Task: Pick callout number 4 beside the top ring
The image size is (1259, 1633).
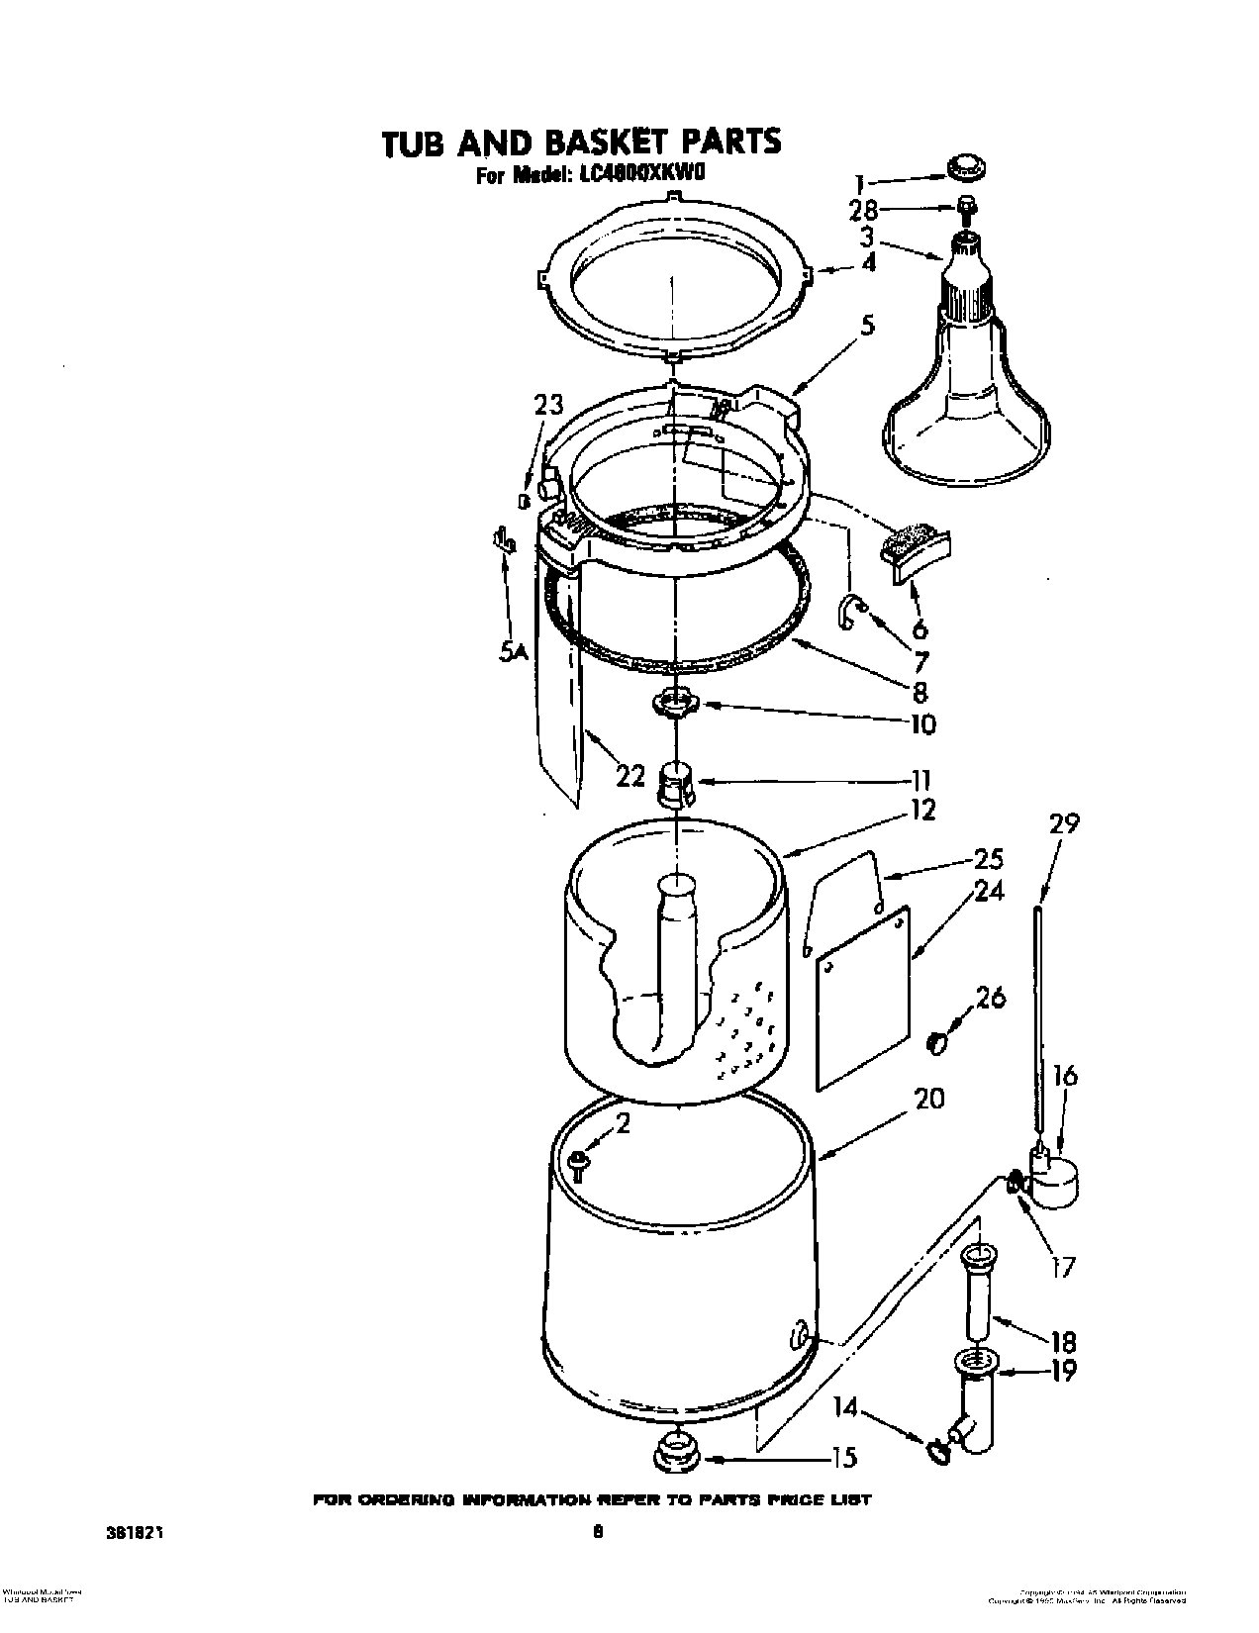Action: (x=867, y=264)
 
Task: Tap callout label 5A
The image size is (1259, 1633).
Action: (x=513, y=651)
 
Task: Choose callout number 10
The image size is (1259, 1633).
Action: (x=921, y=724)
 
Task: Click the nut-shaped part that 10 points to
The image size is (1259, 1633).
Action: (x=673, y=704)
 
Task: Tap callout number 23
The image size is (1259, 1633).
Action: (x=548, y=405)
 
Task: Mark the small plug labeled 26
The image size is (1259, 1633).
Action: (x=936, y=1043)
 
